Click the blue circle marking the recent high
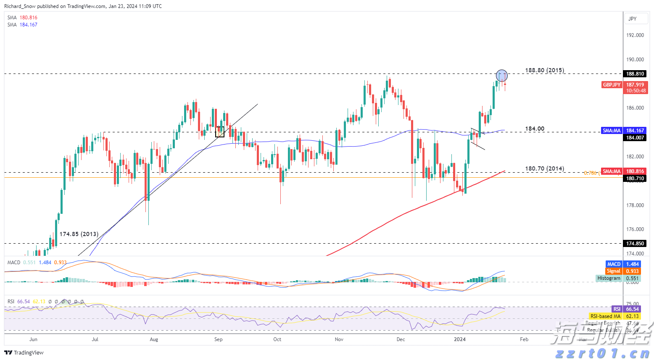click(x=502, y=76)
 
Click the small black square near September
click(x=219, y=132)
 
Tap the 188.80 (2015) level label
click(x=544, y=70)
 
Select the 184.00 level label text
click(x=535, y=129)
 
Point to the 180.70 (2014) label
click(x=544, y=168)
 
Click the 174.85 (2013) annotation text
click(x=79, y=234)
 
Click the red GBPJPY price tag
click(x=612, y=85)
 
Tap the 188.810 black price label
click(x=635, y=74)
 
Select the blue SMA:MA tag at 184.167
click(x=612, y=131)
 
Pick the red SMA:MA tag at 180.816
click(x=612, y=171)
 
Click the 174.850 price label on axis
click(x=635, y=244)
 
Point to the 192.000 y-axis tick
click(x=635, y=35)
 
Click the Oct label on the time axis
click(x=277, y=339)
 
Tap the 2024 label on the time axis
click(x=460, y=339)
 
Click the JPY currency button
click(x=632, y=19)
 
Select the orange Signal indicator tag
click(x=614, y=271)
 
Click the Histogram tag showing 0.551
click(x=609, y=278)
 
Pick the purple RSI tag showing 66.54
click(x=617, y=309)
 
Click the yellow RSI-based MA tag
click(x=605, y=316)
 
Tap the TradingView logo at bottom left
click(x=24, y=352)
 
